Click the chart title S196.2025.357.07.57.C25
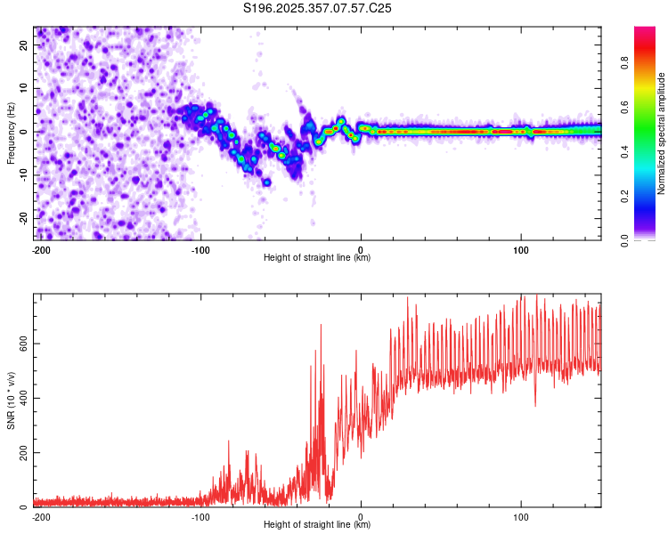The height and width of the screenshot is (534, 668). click(x=318, y=8)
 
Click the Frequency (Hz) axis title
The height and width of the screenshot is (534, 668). click(x=11, y=133)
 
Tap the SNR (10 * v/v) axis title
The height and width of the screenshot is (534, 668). click(x=11, y=400)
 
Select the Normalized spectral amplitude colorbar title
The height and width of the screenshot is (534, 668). click(x=662, y=133)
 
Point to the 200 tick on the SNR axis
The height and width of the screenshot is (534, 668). click(x=23, y=453)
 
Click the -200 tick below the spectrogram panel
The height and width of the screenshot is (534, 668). click(x=40, y=249)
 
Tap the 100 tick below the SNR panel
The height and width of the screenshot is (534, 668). click(x=521, y=516)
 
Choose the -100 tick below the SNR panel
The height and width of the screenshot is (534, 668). click(x=200, y=516)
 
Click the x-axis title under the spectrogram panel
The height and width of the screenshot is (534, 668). click(x=317, y=258)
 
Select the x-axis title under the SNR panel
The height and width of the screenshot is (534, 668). click(x=317, y=525)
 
